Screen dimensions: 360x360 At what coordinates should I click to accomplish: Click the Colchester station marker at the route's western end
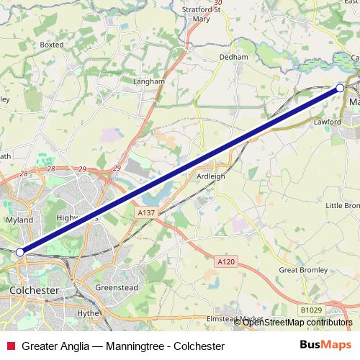[x=20, y=252]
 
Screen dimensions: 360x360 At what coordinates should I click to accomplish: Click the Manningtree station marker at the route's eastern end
[x=340, y=88]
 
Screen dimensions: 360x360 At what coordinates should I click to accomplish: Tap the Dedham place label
[x=233, y=57]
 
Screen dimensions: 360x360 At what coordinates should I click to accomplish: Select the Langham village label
[x=149, y=82]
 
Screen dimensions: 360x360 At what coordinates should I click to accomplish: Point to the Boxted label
[x=52, y=45]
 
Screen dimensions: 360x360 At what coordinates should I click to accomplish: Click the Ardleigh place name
[x=211, y=175]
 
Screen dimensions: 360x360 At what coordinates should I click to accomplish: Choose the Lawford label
[x=326, y=122]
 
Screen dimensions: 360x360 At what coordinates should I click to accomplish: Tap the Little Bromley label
[x=343, y=205]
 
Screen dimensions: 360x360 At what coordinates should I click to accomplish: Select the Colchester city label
[x=35, y=289]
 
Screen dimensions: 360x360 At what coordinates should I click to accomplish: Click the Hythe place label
[x=87, y=314]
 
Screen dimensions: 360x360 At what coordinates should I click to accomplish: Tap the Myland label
[x=19, y=220]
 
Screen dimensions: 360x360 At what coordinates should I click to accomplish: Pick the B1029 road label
[x=312, y=310]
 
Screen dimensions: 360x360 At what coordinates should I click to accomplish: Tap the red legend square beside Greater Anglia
[x=9, y=346]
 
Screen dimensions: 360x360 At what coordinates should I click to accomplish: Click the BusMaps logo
[x=325, y=346]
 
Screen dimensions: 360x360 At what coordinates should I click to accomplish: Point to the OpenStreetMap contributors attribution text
[x=297, y=322]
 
